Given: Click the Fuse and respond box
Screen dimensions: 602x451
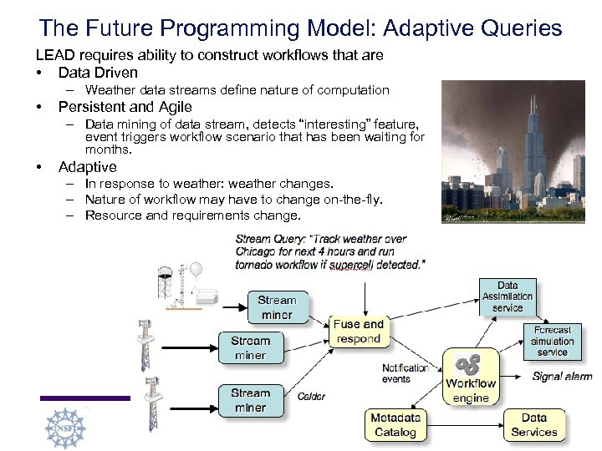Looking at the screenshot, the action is pyautogui.click(x=358, y=332).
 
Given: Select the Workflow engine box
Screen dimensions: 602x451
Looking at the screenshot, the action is pyautogui.click(x=471, y=377).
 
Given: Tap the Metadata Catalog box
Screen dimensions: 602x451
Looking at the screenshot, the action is pyautogui.click(x=395, y=424).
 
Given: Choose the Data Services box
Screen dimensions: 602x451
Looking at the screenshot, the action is pyautogui.click(x=533, y=424).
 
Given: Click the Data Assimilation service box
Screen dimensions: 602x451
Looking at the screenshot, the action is pyautogui.click(x=508, y=296).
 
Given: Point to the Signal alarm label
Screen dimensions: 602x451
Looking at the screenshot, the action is pyautogui.click(x=562, y=377).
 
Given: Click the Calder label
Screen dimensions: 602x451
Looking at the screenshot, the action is pyautogui.click(x=311, y=397).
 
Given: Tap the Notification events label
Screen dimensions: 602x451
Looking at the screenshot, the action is pyautogui.click(x=405, y=373).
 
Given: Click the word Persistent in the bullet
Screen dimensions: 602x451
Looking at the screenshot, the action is pyautogui.click(x=91, y=107).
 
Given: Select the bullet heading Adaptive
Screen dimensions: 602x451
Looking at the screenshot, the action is pyautogui.click(x=88, y=167).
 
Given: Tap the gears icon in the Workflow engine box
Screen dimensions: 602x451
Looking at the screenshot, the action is pyautogui.click(x=467, y=364).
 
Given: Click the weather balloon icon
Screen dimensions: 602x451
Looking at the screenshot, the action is pyautogui.click(x=196, y=272).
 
